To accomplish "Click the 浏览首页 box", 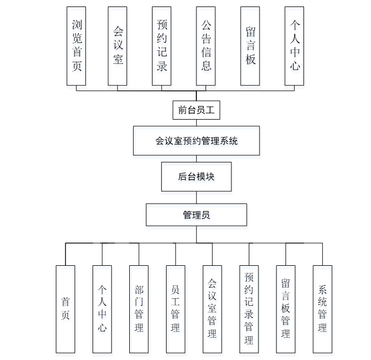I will click(76, 46).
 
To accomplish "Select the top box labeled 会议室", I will click(117, 46).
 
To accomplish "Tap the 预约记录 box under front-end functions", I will click(161, 46).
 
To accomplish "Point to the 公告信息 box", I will click(206, 46).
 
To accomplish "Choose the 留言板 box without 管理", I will click(250, 46).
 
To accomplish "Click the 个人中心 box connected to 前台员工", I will click(294, 46).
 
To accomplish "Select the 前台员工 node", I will click(196, 110).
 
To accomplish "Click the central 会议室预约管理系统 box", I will click(196, 141).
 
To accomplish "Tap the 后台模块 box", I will click(196, 176).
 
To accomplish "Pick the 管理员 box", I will click(196, 215).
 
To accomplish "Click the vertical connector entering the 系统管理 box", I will click(322, 254).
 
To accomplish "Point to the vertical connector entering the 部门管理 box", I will click(139, 254).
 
